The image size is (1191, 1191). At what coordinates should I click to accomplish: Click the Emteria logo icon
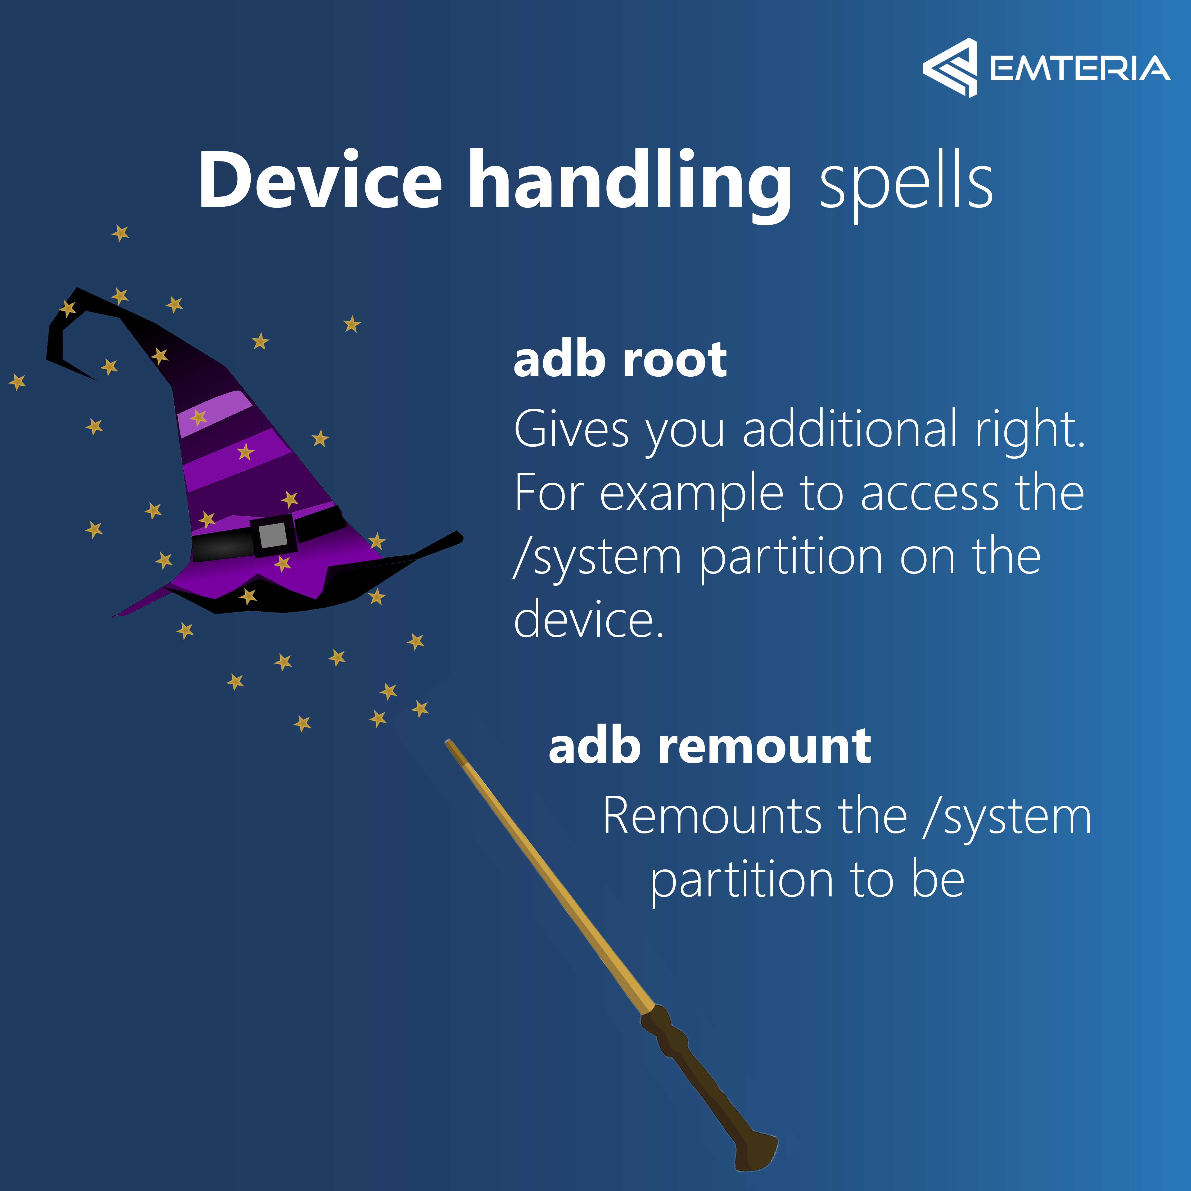950,68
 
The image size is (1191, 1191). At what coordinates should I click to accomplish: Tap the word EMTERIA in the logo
1080,69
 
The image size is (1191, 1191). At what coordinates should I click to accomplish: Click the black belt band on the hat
268,535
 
